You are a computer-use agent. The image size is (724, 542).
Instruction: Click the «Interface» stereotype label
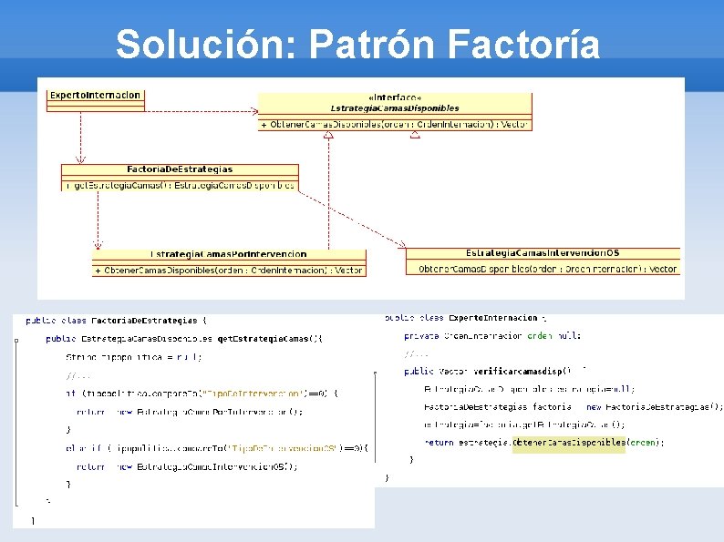click(x=395, y=97)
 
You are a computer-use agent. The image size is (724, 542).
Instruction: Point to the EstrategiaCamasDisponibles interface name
click(x=395, y=107)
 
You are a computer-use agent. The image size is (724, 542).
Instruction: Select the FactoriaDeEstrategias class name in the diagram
click(x=180, y=169)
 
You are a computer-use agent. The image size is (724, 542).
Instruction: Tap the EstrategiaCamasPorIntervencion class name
click(x=229, y=254)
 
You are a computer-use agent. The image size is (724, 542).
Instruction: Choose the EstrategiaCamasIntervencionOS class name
click(x=543, y=252)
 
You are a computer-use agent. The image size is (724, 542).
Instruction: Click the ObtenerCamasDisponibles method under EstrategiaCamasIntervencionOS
click(x=547, y=269)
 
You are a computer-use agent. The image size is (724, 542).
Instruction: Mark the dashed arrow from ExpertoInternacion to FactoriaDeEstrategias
click(x=81, y=138)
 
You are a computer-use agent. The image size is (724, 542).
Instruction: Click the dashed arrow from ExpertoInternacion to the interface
click(x=201, y=112)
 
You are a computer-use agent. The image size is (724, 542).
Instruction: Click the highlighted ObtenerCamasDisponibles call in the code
click(x=569, y=443)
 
